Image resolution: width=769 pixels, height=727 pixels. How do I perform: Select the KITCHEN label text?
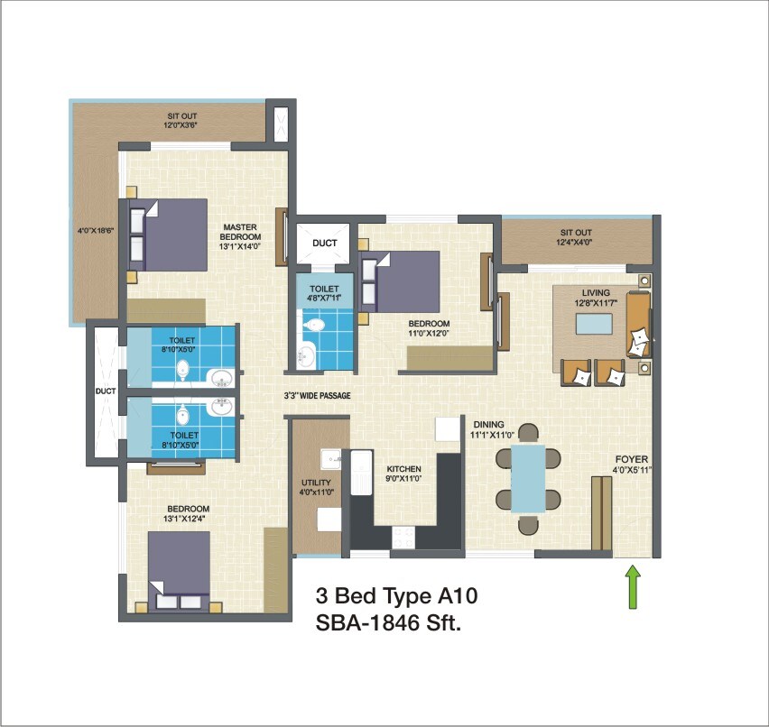[404, 470]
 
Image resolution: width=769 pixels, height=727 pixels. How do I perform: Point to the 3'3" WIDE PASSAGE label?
[317, 396]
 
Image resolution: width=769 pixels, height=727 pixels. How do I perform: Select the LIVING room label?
[596, 292]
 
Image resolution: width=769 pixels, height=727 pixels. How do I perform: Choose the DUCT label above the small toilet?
[325, 244]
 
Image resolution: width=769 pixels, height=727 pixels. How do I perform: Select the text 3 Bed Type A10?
[395, 595]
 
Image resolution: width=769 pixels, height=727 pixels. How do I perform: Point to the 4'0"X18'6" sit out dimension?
[97, 231]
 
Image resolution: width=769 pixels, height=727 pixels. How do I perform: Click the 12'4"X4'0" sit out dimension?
[575, 242]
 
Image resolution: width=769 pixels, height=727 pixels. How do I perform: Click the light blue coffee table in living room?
[596, 327]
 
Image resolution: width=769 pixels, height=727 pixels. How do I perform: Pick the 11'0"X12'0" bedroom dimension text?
[429, 333]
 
